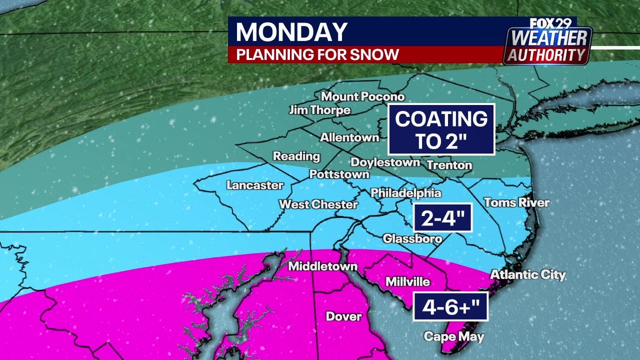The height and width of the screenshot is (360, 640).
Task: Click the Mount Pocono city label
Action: click(x=362, y=96)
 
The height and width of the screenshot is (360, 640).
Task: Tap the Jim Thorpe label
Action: click(x=320, y=110)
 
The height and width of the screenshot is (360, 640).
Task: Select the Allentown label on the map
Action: click(x=349, y=137)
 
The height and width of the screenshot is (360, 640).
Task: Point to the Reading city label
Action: click(x=296, y=156)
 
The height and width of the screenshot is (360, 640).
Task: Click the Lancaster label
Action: click(x=255, y=185)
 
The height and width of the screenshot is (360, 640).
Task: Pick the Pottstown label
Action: click(x=339, y=174)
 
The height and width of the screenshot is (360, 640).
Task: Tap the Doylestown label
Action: click(x=385, y=162)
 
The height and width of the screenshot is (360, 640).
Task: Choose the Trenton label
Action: click(x=449, y=165)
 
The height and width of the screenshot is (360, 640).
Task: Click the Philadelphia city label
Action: click(x=406, y=193)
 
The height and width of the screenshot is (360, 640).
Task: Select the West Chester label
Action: click(x=318, y=204)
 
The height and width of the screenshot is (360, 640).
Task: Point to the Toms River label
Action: click(x=516, y=202)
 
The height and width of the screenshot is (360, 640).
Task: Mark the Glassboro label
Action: click(x=412, y=238)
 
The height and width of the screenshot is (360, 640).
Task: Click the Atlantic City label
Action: click(x=527, y=274)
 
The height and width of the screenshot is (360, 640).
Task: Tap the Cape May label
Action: click(x=454, y=336)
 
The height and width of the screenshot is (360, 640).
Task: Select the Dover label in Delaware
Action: click(x=343, y=316)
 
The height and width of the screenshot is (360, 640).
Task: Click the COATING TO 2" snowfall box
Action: click(x=441, y=129)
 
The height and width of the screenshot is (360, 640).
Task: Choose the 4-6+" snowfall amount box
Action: click(x=450, y=306)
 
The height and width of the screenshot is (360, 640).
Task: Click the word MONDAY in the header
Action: click(x=291, y=32)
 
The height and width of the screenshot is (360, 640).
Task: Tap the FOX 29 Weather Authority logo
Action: click(x=548, y=41)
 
